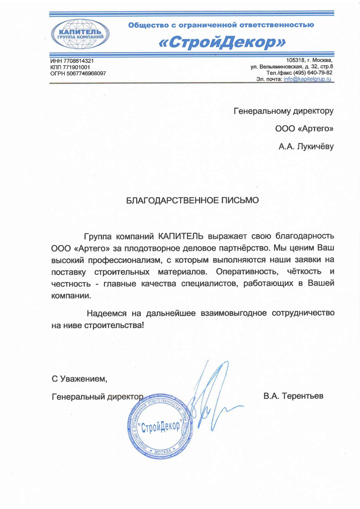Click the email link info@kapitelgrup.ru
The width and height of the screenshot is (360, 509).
(307, 79)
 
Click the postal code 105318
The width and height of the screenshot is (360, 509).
(295, 60)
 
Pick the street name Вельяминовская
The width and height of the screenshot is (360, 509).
(282, 67)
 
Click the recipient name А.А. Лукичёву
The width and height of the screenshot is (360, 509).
(306, 146)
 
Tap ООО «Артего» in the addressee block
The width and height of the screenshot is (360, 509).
(304, 129)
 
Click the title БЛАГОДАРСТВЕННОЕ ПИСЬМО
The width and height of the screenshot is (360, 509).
(192, 200)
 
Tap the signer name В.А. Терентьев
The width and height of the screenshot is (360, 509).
(293, 396)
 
